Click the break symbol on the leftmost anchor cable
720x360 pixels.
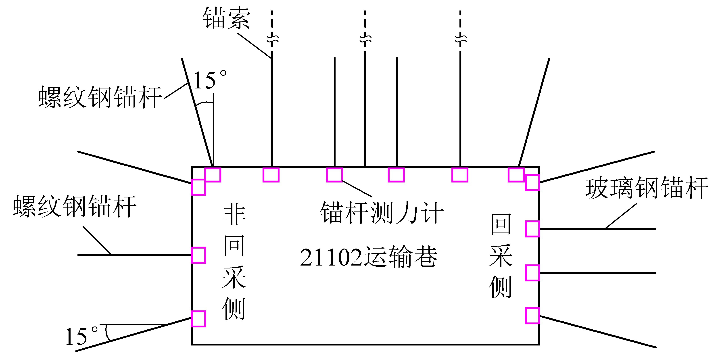click(272, 39)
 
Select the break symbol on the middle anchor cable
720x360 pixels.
click(365, 39)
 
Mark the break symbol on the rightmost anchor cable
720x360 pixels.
click(461, 39)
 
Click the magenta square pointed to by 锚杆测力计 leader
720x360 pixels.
click(335, 175)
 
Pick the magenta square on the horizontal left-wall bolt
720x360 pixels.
click(198, 255)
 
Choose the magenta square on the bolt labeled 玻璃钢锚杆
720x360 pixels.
click(532, 229)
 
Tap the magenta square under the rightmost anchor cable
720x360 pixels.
click(460, 175)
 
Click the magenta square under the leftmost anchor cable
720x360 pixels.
click(271, 175)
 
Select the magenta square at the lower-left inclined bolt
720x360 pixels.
click(198, 319)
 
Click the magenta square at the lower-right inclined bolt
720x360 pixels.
click(532, 316)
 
